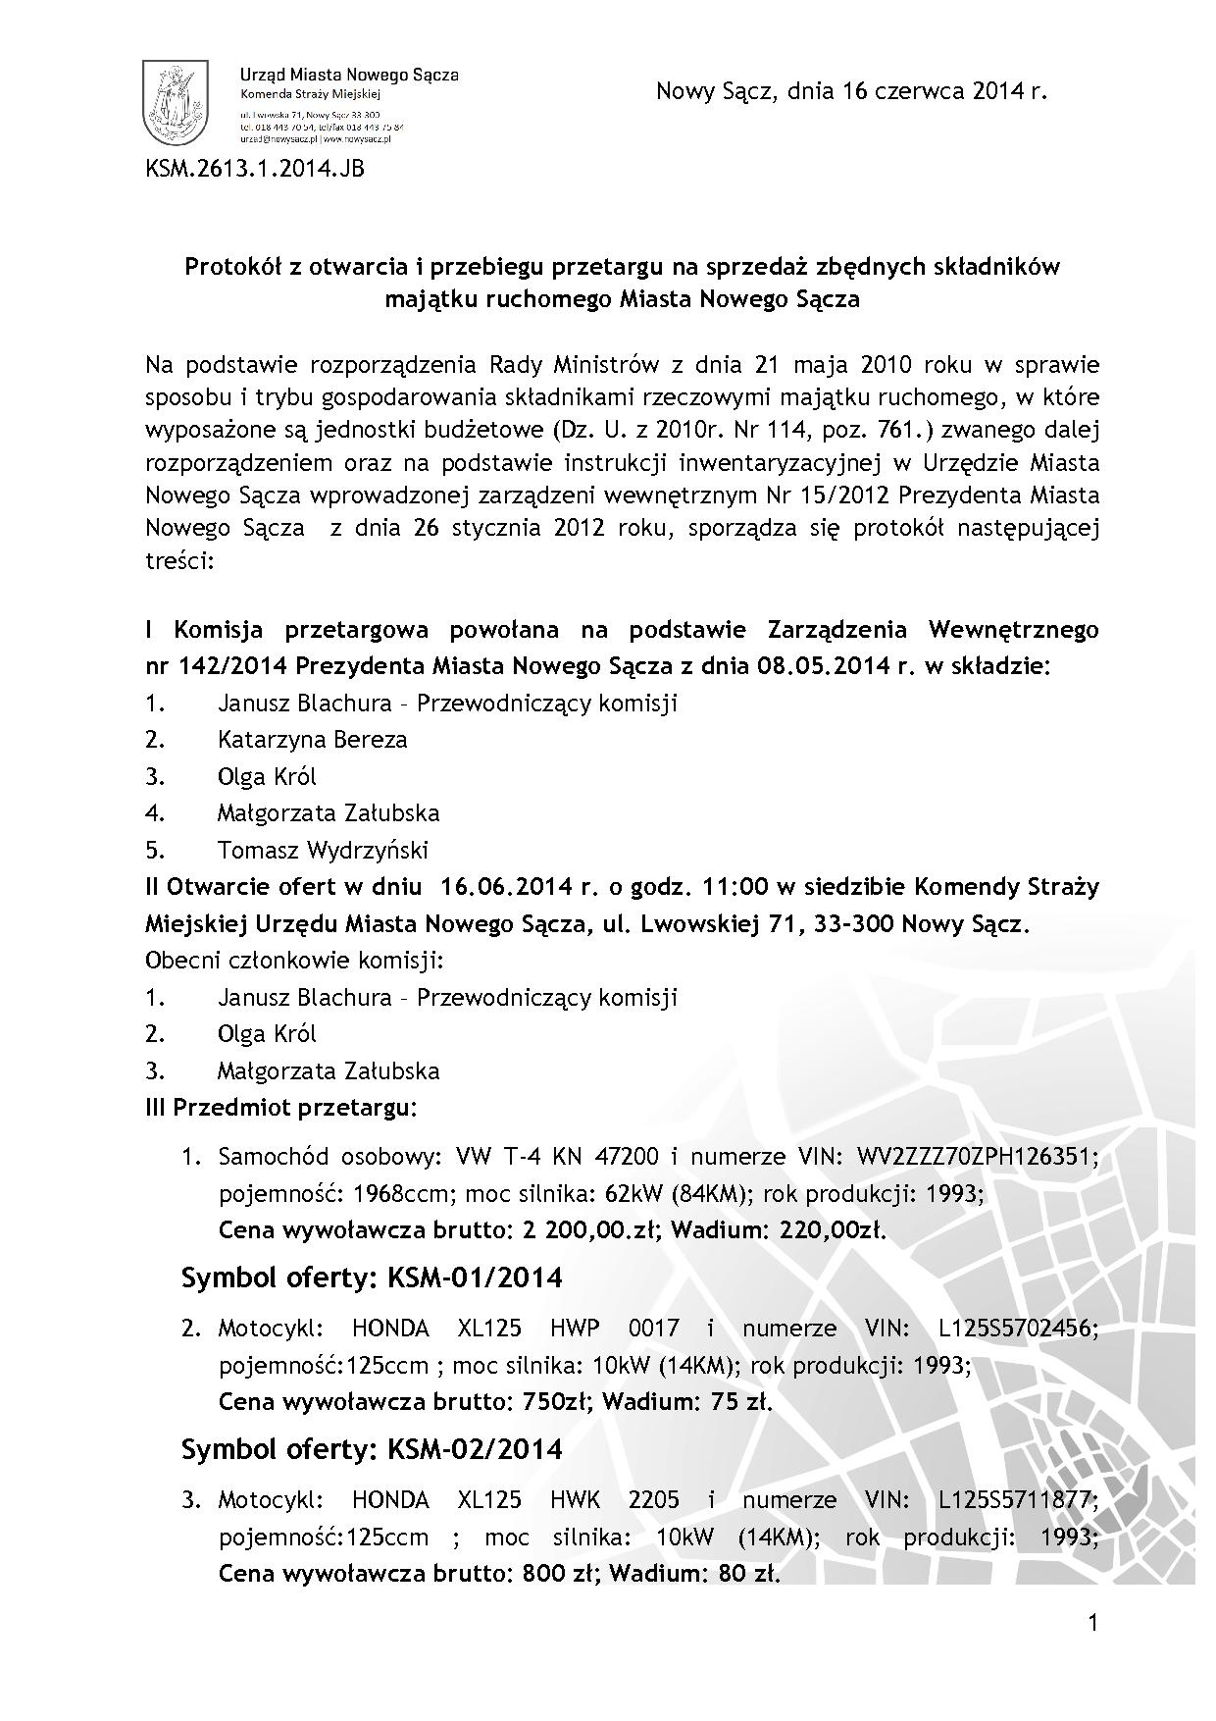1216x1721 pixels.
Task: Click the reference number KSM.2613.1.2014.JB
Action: point(255,169)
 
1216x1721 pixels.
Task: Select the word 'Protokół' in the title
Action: point(229,267)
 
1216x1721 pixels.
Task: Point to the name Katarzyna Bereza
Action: point(312,740)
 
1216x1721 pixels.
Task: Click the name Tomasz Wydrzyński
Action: point(323,850)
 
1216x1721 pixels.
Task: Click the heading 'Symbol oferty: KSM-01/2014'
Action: point(372,1278)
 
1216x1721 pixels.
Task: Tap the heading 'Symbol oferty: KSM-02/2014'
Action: point(372,1448)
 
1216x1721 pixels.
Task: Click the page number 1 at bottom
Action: point(1093,1624)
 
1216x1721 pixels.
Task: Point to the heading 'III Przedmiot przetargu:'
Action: point(281,1108)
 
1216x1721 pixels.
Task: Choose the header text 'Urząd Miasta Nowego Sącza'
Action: point(349,75)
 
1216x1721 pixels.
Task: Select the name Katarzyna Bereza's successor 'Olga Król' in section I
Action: point(267,777)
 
